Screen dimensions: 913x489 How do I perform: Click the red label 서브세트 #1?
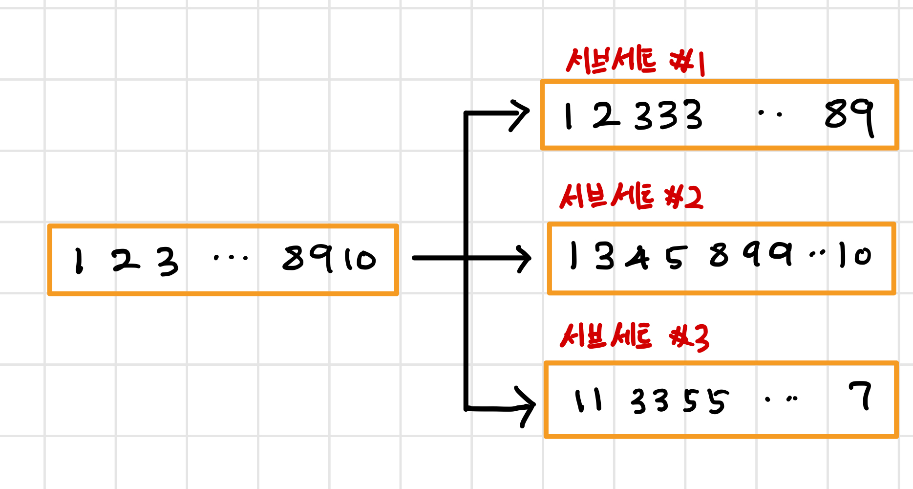click(x=635, y=61)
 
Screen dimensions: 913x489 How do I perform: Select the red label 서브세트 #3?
click(x=634, y=337)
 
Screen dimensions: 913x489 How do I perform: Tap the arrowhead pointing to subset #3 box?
click(x=527, y=406)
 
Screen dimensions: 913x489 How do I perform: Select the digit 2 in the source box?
click(x=125, y=261)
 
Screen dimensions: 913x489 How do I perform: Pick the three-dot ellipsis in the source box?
click(x=231, y=257)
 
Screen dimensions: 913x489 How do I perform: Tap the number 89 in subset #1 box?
click(x=849, y=116)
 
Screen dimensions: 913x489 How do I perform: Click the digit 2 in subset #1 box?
click(x=606, y=116)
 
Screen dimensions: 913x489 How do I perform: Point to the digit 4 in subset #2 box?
click(x=637, y=258)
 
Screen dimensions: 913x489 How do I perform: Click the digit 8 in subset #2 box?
click(x=719, y=255)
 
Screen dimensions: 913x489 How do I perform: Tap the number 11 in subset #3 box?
click(x=588, y=400)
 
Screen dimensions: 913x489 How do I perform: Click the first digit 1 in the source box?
click(x=79, y=260)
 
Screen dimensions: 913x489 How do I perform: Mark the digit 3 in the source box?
click(x=168, y=262)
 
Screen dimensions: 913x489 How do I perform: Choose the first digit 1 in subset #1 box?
click(x=568, y=116)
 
